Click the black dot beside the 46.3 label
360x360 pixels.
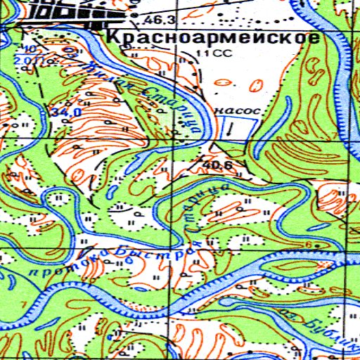134,15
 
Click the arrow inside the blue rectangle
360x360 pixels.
230,128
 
